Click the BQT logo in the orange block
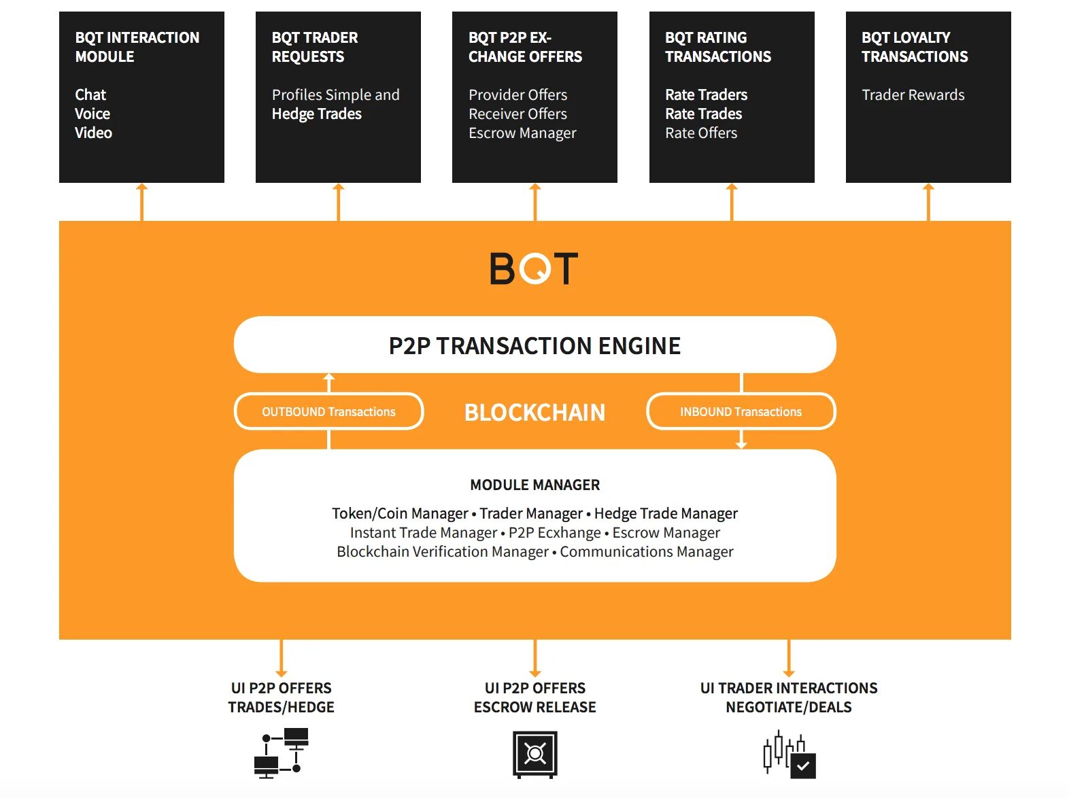pyautogui.click(x=534, y=268)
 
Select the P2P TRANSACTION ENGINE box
pyautogui.click(x=534, y=345)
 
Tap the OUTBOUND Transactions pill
pyautogui.click(x=328, y=412)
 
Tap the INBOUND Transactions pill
pyautogui.click(x=741, y=412)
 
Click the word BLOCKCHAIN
pyautogui.click(x=534, y=413)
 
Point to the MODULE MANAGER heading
pyautogui.click(x=534, y=485)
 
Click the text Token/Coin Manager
pyautogui.click(x=400, y=514)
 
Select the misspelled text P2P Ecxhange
pyautogui.click(x=554, y=533)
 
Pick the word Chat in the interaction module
pyautogui.click(x=90, y=94)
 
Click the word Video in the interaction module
pyautogui.click(x=93, y=133)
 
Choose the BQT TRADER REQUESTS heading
pyautogui.click(x=314, y=47)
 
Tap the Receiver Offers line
pyautogui.click(x=517, y=114)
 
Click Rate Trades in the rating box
pyautogui.click(x=703, y=114)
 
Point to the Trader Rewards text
pyautogui.click(x=913, y=94)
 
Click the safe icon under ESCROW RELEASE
pyautogui.click(x=534, y=754)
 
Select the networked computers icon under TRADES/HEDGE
pyautogui.click(x=281, y=753)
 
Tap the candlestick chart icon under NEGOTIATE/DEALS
pyautogui.click(x=789, y=754)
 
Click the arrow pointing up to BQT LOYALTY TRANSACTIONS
pyautogui.click(x=928, y=201)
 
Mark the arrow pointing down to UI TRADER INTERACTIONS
pyautogui.click(x=789, y=658)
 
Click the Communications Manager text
pyautogui.click(x=646, y=552)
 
